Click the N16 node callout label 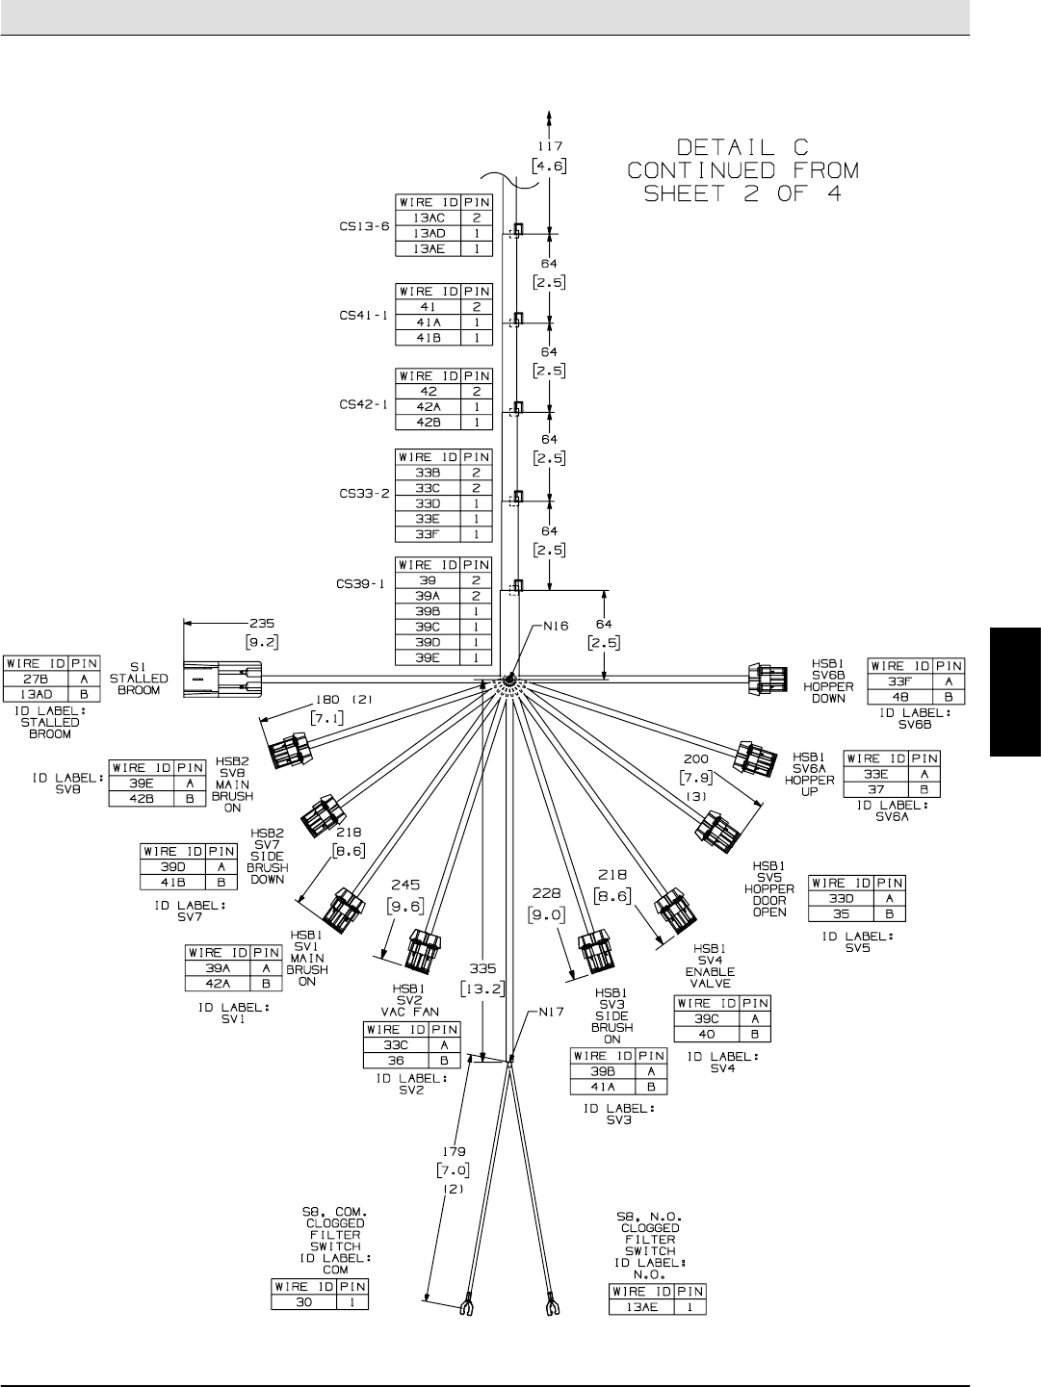tap(556, 626)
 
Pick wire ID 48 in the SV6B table tap(900, 697)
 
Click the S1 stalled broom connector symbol tap(221, 678)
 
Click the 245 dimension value tap(405, 884)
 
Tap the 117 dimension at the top tap(549, 146)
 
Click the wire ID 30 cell tap(304, 1302)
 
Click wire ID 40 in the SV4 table tap(706, 1035)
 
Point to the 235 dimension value tap(262, 622)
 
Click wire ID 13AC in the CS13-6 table tap(429, 218)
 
